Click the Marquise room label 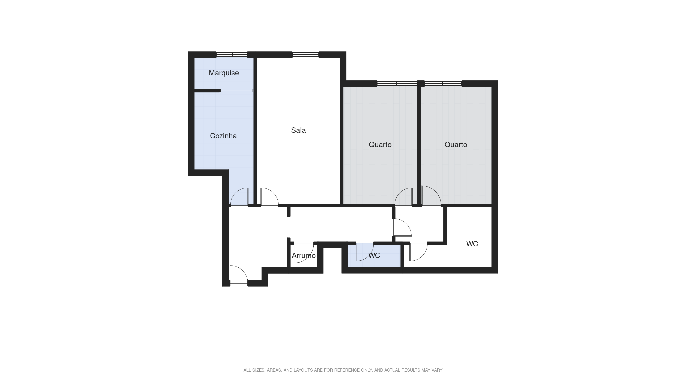tap(224, 73)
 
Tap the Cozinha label tap(223, 136)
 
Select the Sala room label tap(298, 130)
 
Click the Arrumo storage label tap(304, 255)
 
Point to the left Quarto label tap(380, 145)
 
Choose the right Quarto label tap(456, 145)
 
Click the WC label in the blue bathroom tap(374, 255)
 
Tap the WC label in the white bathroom tap(472, 244)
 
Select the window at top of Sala tap(305, 55)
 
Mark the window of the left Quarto tap(397, 84)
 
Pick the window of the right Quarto tap(443, 84)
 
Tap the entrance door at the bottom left tap(239, 274)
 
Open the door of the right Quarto tap(431, 196)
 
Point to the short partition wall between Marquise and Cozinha tap(207, 90)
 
